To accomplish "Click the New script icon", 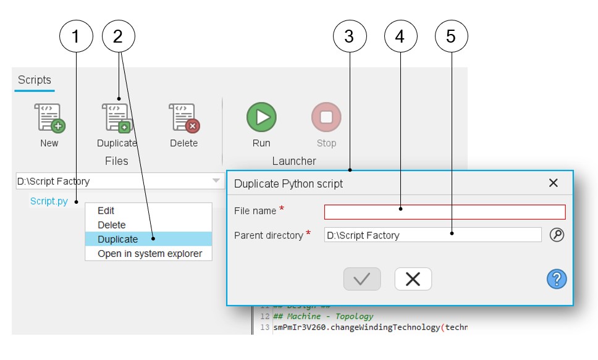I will [x=49, y=118].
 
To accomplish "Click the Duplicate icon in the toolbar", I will [x=116, y=118].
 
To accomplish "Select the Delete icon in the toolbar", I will [x=184, y=118].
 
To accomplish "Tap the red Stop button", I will [x=326, y=117].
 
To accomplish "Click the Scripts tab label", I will [x=35, y=80].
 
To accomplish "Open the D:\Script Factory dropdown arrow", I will [x=216, y=181].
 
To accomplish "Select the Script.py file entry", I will [x=49, y=201].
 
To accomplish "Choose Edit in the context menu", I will [x=106, y=211].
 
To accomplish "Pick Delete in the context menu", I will [x=112, y=225].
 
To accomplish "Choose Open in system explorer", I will [x=149, y=253].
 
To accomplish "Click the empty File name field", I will [x=444, y=212].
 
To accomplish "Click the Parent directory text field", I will [x=432, y=235].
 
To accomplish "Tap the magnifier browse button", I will [x=557, y=235].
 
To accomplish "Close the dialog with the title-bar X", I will [x=553, y=183].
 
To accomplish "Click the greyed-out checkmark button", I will [x=362, y=279].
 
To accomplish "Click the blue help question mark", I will [x=556, y=279].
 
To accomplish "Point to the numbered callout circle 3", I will [x=349, y=36].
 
